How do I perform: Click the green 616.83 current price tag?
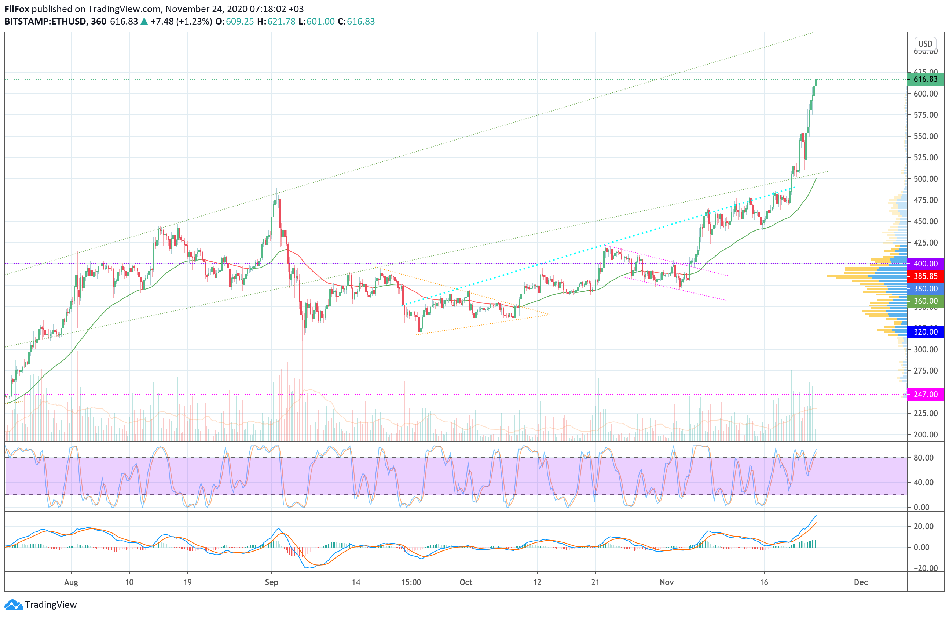point(925,79)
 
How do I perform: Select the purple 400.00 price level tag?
point(925,264)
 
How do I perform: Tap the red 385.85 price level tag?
point(925,276)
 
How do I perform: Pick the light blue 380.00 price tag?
point(925,288)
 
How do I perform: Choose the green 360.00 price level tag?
point(925,301)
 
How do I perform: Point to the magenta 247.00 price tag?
point(925,394)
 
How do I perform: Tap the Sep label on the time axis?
point(272,582)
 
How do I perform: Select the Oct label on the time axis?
point(466,582)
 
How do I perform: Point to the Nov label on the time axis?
point(667,582)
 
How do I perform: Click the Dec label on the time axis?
point(861,582)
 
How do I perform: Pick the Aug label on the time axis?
point(71,582)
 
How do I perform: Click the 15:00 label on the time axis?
point(411,582)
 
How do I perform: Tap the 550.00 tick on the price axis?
point(926,136)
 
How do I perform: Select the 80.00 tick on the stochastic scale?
point(923,458)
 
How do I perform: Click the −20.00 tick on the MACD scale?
point(923,568)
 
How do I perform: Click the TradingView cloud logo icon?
point(14,605)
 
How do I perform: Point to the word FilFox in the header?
point(17,9)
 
